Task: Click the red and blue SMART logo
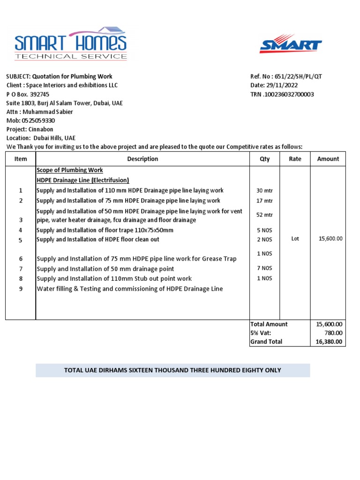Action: tap(291, 44)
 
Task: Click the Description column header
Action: tap(142, 159)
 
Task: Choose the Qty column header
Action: tap(265, 159)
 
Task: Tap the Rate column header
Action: tap(295, 159)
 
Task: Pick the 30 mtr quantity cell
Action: tap(264, 191)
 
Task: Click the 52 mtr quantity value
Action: tap(264, 215)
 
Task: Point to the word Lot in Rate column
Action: tap(295, 239)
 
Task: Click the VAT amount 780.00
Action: tap(334, 333)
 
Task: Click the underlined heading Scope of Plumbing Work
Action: tap(69, 170)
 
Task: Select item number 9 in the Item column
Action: tap(21, 289)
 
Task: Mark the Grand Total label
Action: tap(266, 342)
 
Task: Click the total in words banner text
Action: tap(172, 370)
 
